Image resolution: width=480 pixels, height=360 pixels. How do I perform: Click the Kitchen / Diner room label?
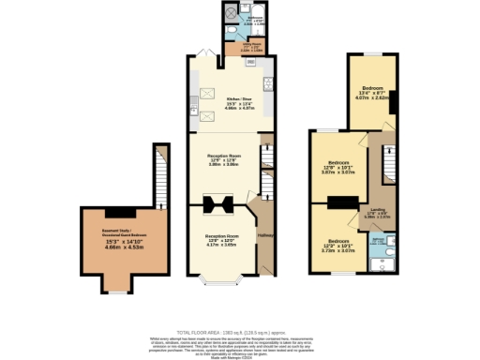click(x=241, y=97)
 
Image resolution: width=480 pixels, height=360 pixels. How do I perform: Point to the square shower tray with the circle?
click(x=228, y=13)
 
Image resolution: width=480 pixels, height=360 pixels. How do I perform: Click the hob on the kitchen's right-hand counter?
click(x=269, y=83)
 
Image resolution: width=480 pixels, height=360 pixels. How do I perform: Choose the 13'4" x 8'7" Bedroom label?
click(x=373, y=91)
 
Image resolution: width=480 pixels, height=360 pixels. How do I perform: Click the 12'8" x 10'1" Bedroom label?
click(x=338, y=168)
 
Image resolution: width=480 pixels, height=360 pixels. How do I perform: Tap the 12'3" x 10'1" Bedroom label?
click(x=337, y=247)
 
